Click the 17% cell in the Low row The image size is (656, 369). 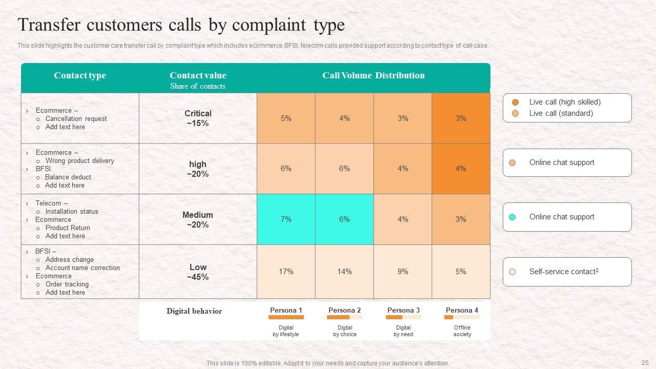pos(286,272)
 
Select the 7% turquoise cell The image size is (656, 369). pos(286,219)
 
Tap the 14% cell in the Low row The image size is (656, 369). pos(344,272)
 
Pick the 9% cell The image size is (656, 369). pos(403,272)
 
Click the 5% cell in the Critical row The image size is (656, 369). pos(286,118)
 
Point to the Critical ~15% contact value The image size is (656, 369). pos(198,118)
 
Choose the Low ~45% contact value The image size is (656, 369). pos(198,272)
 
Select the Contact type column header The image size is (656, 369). pos(79,75)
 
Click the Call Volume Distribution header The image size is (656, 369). pos(373,75)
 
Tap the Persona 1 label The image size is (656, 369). pos(286,310)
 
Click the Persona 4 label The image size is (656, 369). pos(462,310)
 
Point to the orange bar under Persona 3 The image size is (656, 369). pos(394,317)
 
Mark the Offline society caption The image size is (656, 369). pos(462,331)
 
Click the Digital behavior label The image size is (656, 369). pos(194,311)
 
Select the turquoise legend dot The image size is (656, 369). pos(512,217)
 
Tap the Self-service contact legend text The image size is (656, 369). pos(564,272)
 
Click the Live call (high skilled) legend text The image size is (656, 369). pos(565,102)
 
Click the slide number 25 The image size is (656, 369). pos(645,362)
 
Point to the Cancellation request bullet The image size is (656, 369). pos(76,119)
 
